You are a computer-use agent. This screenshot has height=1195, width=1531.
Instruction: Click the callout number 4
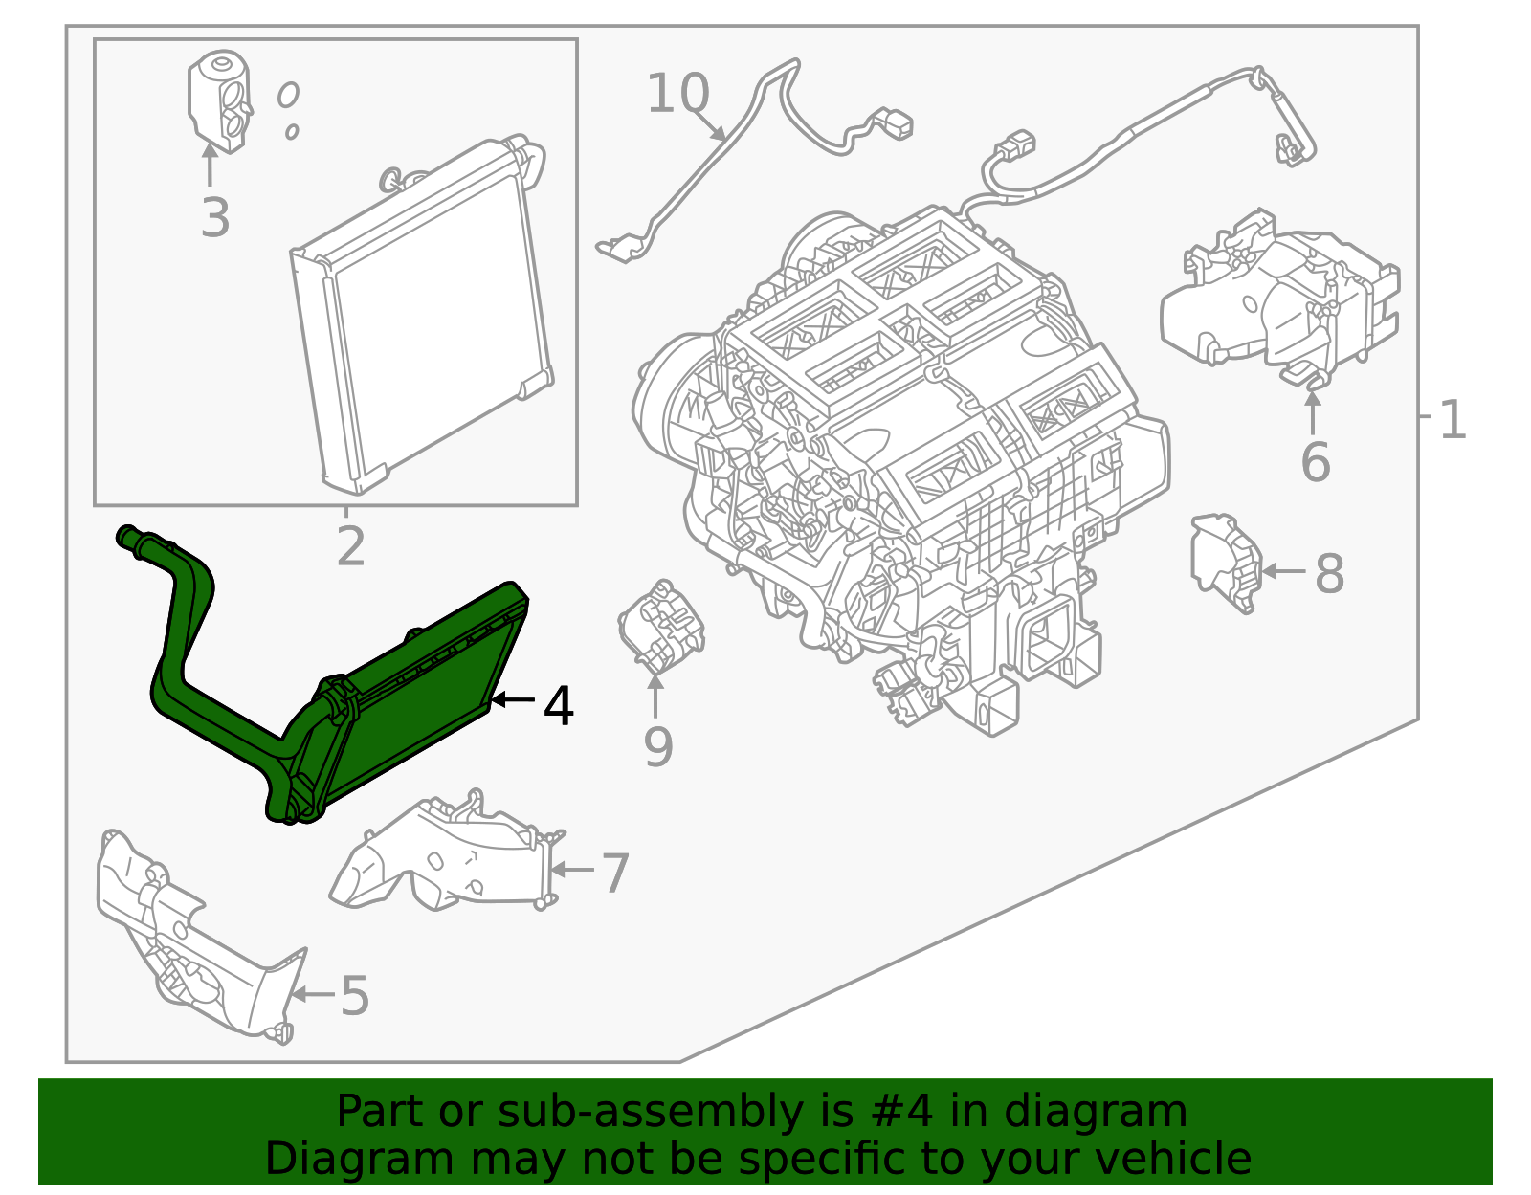click(x=558, y=706)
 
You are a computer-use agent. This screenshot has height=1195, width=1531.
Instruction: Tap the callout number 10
click(x=678, y=94)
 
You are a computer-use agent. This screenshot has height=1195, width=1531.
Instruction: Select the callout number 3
click(x=215, y=217)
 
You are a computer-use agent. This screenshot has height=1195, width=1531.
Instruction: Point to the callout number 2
click(x=351, y=546)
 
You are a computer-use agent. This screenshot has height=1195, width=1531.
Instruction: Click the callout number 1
click(x=1453, y=420)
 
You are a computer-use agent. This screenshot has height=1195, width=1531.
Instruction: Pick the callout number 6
click(x=1315, y=463)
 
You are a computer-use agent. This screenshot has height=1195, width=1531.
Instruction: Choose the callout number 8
click(x=1329, y=575)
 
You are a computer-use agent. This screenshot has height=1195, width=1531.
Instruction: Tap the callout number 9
click(x=657, y=747)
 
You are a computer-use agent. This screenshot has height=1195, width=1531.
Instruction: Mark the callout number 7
click(x=614, y=873)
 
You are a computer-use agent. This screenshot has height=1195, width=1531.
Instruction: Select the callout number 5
click(x=355, y=996)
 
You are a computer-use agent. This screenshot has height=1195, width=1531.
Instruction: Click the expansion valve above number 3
click(x=219, y=100)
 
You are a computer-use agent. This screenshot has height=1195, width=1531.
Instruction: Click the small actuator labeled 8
click(x=1225, y=562)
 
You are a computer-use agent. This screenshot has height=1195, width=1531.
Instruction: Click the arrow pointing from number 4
click(x=512, y=700)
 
